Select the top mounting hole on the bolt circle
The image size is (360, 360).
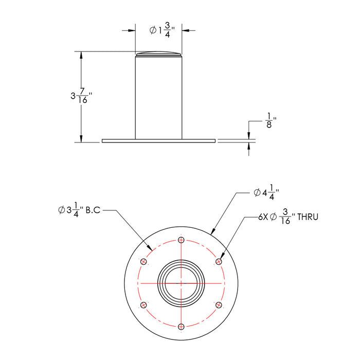pos(180,240)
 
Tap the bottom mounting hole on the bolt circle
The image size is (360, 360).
pos(180,327)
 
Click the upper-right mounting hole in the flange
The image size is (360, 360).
pos(219,262)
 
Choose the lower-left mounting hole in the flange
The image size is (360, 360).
pos(143,305)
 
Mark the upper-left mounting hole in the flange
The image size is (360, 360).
pos(143,262)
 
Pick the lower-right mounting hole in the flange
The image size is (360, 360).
pos(219,305)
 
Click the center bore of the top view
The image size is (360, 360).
pos(180,283)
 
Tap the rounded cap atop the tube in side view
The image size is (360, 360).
pos(159,53)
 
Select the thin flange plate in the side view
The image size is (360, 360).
pos(158,141)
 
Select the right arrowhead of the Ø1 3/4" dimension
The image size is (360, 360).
pos(186,31)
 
